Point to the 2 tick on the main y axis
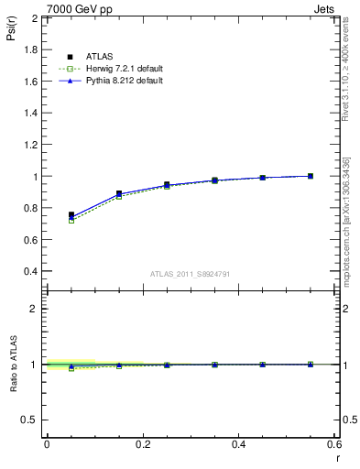click(34, 18)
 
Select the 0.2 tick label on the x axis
click(142, 444)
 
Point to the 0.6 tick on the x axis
click(334, 444)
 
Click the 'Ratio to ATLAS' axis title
click(13, 365)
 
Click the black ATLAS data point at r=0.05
click(71, 214)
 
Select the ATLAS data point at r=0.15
click(119, 193)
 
